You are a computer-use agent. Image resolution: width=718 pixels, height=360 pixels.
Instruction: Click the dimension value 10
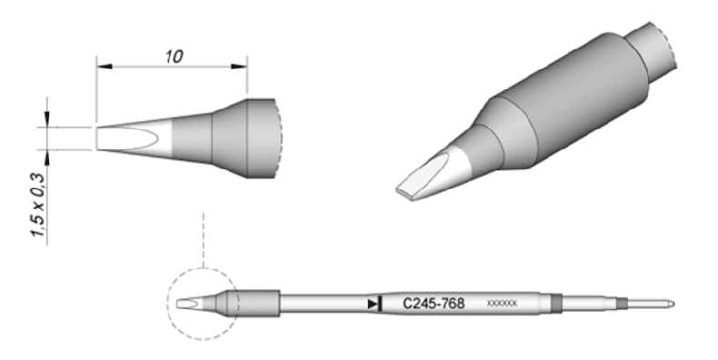pos(174,56)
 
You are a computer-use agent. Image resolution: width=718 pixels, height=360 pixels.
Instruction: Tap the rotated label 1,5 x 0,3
pos(39,205)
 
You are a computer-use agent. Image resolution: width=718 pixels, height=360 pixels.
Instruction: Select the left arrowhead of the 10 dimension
pos(104,67)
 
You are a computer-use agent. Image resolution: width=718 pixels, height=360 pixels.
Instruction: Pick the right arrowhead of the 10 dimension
pos(239,67)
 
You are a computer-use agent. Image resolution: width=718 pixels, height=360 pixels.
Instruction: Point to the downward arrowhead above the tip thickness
pos(47,118)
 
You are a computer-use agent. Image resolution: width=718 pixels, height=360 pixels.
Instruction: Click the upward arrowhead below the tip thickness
pos(47,157)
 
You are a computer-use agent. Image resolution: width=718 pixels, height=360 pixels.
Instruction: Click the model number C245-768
pos(434,304)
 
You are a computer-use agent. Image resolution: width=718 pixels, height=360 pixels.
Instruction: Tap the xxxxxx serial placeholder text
pos(502,304)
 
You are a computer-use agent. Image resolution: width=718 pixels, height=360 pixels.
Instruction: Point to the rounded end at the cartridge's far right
pos(672,304)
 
